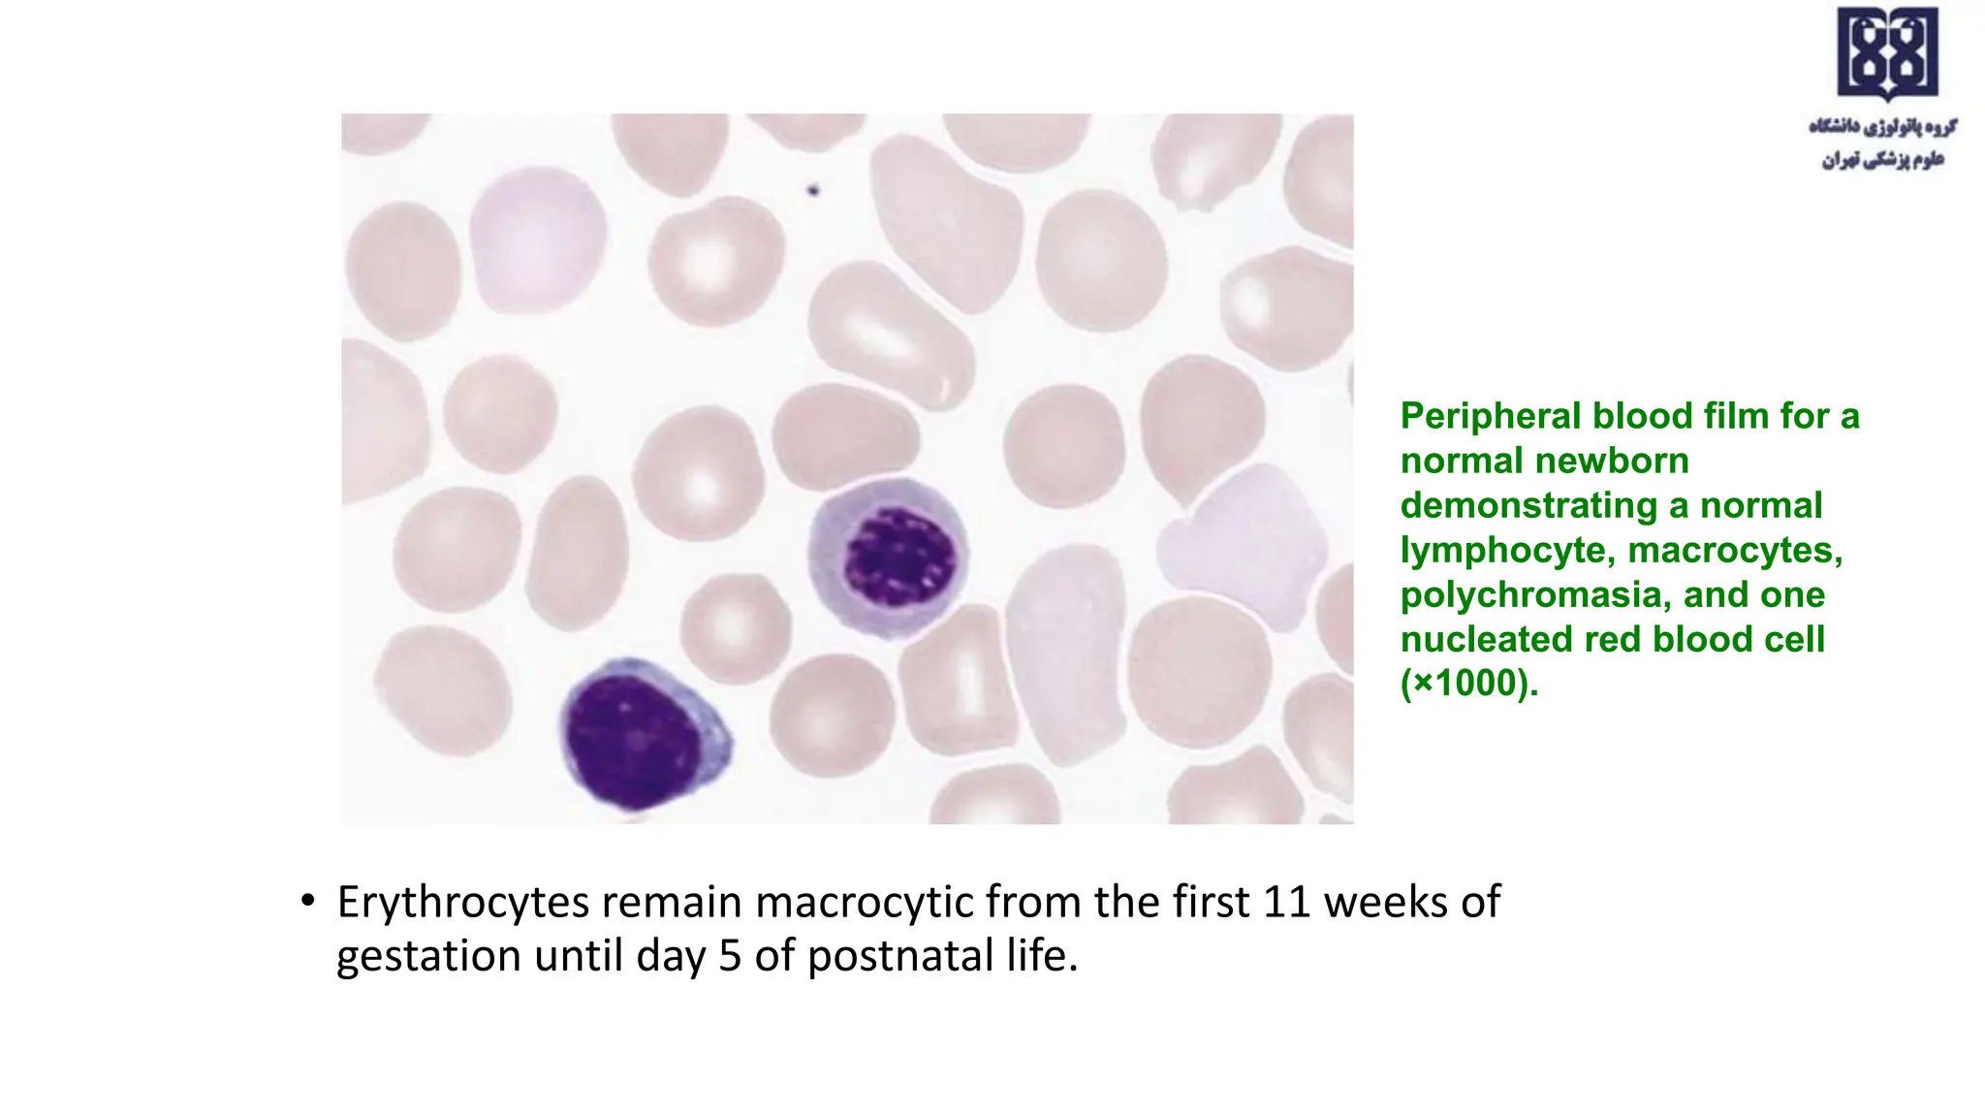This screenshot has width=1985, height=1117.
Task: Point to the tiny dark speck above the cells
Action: (x=813, y=191)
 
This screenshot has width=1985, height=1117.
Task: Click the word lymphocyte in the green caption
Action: (x=1508, y=550)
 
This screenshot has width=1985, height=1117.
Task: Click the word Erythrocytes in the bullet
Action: (x=463, y=903)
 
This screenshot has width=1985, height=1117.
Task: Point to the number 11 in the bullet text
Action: (x=1287, y=903)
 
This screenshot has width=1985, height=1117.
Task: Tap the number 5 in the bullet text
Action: (x=730, y=956)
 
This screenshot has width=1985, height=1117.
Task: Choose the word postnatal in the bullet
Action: (x=900, y=956)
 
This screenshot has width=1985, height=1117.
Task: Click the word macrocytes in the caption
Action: (x=1735, y=550)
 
